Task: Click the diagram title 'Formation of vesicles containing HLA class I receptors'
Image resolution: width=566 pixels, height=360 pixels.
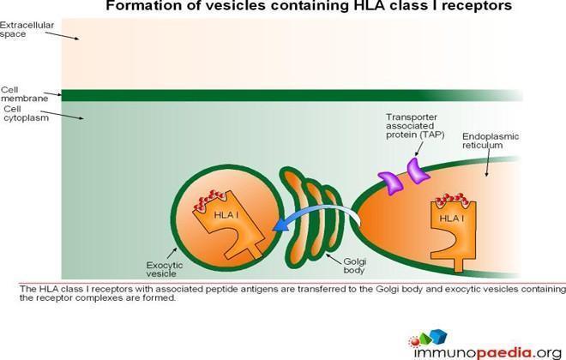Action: pos(309,5)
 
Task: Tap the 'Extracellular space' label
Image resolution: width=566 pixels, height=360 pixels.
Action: pos(27,30)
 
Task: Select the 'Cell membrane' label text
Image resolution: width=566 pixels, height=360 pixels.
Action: pos(24,93)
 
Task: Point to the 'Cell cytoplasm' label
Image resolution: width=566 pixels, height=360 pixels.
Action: pos(26,113)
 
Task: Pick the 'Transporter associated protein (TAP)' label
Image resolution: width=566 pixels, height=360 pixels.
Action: pos(415,126)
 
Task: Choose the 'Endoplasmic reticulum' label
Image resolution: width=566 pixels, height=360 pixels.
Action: pos(491,141)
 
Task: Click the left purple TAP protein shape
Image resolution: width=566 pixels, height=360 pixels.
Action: pos(390,183)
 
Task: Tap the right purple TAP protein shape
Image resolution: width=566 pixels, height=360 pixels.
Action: pos(418,171)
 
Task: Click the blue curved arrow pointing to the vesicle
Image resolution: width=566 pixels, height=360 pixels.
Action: pos(317,212)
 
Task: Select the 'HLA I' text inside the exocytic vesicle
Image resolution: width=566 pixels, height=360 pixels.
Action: pos(226,215)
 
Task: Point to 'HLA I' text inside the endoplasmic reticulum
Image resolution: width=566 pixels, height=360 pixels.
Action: pos(452,219)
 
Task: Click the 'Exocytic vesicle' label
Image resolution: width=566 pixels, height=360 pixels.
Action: pos(165,269)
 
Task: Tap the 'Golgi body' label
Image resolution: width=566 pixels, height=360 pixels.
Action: pos(354,266)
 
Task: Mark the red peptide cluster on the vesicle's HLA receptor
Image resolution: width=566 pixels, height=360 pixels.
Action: pos(210,200)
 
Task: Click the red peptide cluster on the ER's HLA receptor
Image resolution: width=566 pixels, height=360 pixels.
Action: pos(452,200)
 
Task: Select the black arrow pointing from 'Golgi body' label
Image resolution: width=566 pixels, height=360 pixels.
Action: pos(334,259)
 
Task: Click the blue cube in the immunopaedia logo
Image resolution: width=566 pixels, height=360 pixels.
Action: pos(438,336)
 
